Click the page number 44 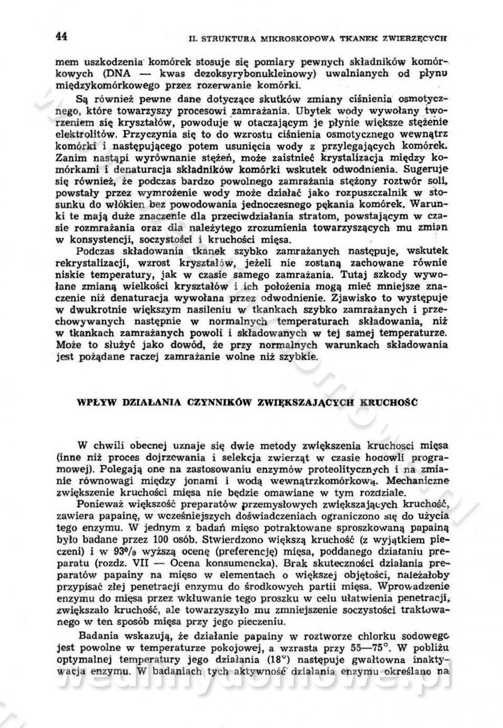(x=61, y=36)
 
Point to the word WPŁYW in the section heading (x=94, y=401)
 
